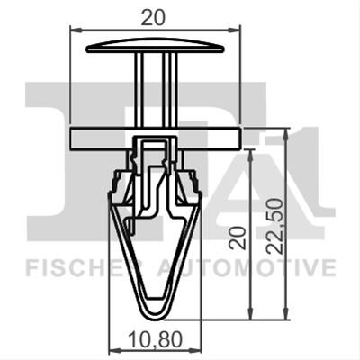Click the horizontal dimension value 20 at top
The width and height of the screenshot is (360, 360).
[153, 18]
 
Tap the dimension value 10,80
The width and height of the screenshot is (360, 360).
[155, 339]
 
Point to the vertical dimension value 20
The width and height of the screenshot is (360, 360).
[238, 238]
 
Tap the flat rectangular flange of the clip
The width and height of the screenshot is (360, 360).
[155, 138]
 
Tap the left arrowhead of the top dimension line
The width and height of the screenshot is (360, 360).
[75, 30]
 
